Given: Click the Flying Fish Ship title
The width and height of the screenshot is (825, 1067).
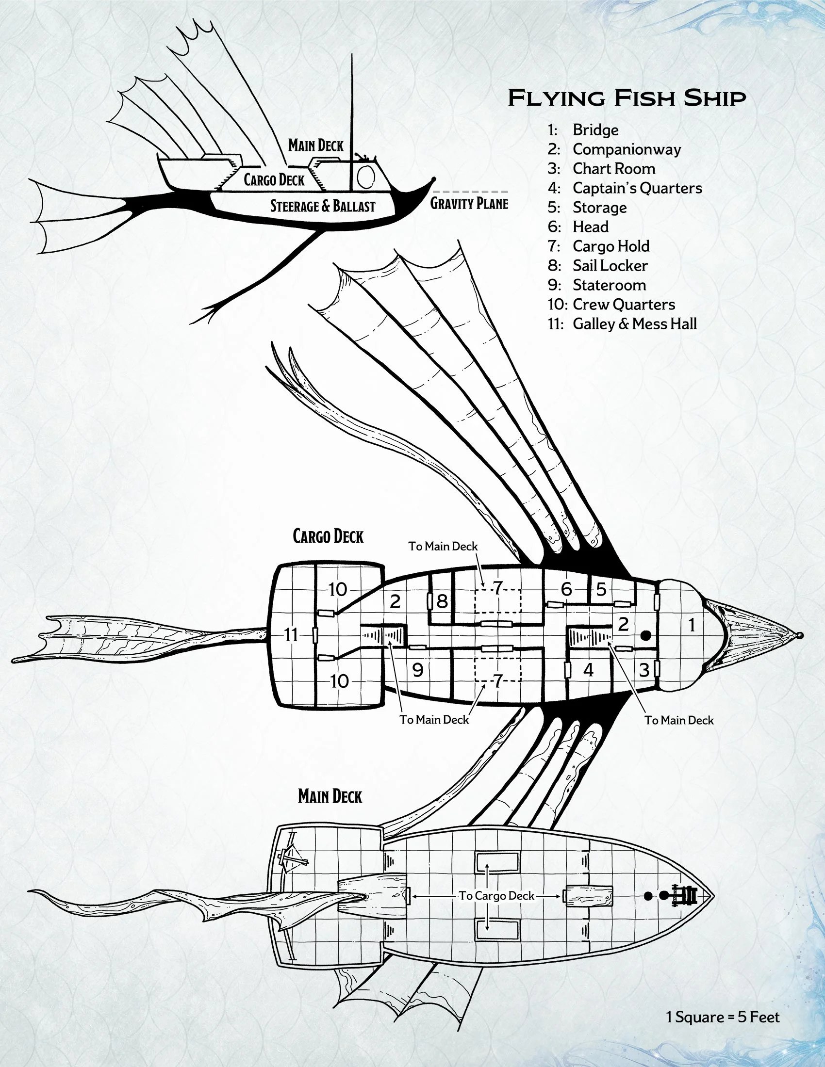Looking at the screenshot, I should pyautogui.click(x=627, y=97).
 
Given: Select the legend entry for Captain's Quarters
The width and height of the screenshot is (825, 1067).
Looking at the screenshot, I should pyautogui.click(x=637, y=188).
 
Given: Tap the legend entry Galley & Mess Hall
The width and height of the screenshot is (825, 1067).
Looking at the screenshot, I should pyautogui.click(x=634, y=324).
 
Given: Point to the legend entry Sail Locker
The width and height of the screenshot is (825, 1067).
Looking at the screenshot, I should pyautogui.click(x=610, y=266).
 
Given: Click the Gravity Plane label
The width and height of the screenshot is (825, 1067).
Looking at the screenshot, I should pyautogui.click(x=469, y=203).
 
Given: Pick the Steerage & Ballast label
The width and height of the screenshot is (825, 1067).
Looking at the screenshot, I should pyautogui.click(x=323, y=206).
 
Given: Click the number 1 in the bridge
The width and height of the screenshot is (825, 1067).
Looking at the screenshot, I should pyautogui.click(x=692, y=625).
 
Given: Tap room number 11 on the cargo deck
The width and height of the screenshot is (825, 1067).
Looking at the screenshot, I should pyautogui.click(x=291, y=635).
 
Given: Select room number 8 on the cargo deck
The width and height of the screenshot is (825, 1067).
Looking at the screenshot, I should pyautogui.click(x=442, y=601).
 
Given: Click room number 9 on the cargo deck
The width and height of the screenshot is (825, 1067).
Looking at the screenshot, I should pyautogui.click(x=417, y=670).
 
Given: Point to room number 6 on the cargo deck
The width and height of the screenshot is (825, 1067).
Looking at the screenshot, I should pyautogui.click(x=566, y=589).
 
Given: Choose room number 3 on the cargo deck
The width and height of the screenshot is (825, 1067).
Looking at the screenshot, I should pyautogui.click(x=644, y=670).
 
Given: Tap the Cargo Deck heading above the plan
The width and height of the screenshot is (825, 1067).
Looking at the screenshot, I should pyautogui.click(x=328, y=536).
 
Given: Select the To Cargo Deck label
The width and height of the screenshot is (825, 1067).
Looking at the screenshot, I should pyautogui.click(x=496, y=896).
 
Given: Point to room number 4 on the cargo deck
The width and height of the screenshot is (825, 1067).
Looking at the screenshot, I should pyautogui.click(x=589, y=670).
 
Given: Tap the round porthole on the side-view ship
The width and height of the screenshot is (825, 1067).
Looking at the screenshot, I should pyautogui.click(x=365, y=177).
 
